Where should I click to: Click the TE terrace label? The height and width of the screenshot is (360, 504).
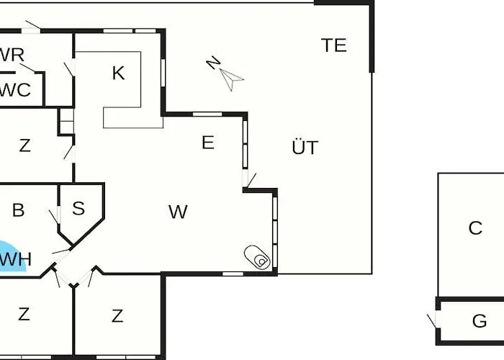click(x=334, y=45)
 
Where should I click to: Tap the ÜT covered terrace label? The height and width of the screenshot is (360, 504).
click(x=305, y=147)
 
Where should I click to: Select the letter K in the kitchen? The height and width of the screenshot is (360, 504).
click(x=118, y=73)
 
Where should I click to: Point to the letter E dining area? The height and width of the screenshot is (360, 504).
click(x=208, y=143)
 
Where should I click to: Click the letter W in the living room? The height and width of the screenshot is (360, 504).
click(x=178, y=212)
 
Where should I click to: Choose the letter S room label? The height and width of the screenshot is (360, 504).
click(x=78, y=208)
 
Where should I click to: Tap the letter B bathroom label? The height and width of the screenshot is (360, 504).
click(x=18, y=210)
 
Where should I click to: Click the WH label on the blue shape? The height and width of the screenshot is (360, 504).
click(x=15, y=259)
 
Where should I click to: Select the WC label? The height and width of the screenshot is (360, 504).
click(x=15, y=90)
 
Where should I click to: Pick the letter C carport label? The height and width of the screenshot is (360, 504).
click(x=475, y=228)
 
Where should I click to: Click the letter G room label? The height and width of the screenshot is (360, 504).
click(x=480, y=321)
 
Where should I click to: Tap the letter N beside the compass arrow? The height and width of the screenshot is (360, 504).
click(x=213, y=63)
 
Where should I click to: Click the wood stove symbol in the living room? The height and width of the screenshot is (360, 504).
click(x=257, y=257)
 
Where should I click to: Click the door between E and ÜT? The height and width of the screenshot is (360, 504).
click(x=249, y=179)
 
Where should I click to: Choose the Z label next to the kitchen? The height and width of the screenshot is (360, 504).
click(x=24, y=145)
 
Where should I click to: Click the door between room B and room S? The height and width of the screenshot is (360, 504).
click(x=55, y=216)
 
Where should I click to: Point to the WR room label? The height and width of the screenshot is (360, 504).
click(x=12, y=55)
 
